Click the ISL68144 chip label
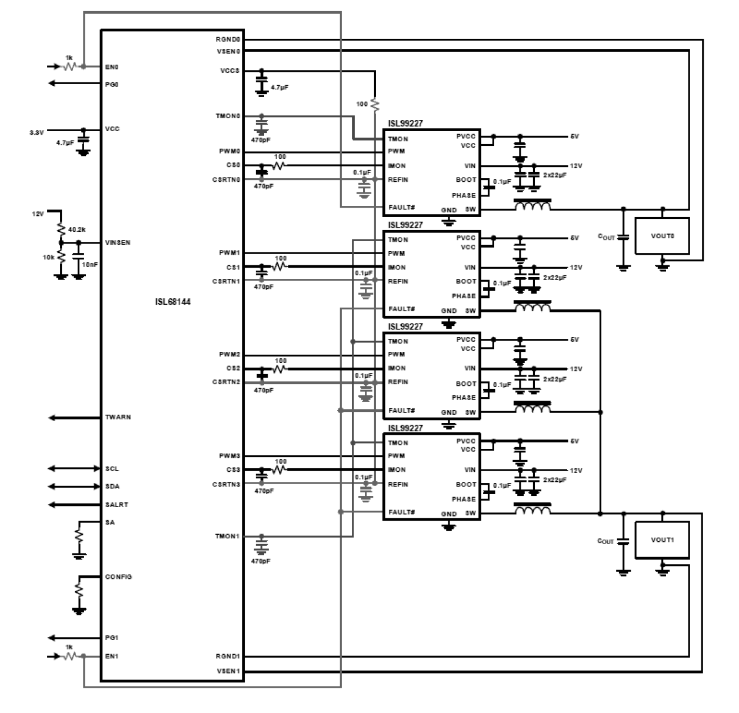(x=172, y=302)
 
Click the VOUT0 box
(x=662, y=236)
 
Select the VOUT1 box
(x=662, y=539)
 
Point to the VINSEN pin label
(x=118, y=242)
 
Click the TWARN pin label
(x=118, y=417)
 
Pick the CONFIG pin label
(x=118, y=577)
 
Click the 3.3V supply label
(x=36, y=132)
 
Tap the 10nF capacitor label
(x=90, y=265)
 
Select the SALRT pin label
(x=116, y=505)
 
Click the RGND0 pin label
(x=228, y=39)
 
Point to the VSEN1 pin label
(x=228, y=671)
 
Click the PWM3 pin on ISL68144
(x=229, y=456)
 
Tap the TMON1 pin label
(x=228, y=537)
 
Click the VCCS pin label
(x=229, y=71)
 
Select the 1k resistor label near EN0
(x=69, y=58)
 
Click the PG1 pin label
(x=112, y=638)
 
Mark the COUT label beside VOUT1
(x=605, y=541)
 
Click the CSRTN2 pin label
(x=227, y=382)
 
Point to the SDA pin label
(x=112, y=487)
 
